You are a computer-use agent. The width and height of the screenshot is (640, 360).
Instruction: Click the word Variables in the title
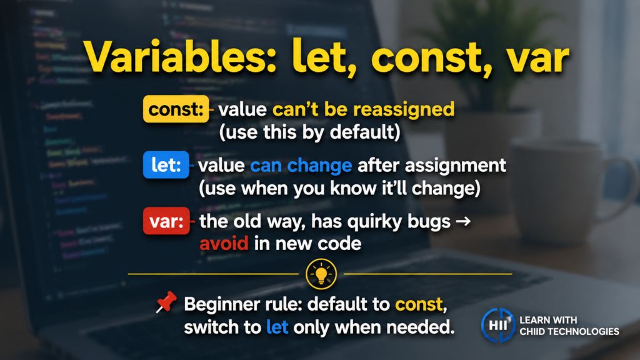click(181, 57)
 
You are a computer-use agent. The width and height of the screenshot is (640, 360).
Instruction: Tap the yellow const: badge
click(176, 109)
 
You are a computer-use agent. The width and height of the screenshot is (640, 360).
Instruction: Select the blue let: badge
click(166, 165)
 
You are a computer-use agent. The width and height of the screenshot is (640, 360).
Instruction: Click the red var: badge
click(166, 221)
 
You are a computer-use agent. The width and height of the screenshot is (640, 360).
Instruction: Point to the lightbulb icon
click(321, 274)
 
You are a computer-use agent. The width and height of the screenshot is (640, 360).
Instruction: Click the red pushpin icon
click(166, 302)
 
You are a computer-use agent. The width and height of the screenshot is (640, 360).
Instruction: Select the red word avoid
click(224, 244)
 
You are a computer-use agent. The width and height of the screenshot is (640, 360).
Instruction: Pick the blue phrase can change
click(301, 165)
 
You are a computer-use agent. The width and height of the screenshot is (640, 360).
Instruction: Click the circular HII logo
click(498, 325)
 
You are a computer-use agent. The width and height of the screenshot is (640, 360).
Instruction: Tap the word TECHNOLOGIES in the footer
click(583, 331)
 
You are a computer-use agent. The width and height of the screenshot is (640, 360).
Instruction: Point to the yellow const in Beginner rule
click(419, 304)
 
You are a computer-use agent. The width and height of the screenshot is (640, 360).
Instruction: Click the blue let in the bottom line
click(277, 327)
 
